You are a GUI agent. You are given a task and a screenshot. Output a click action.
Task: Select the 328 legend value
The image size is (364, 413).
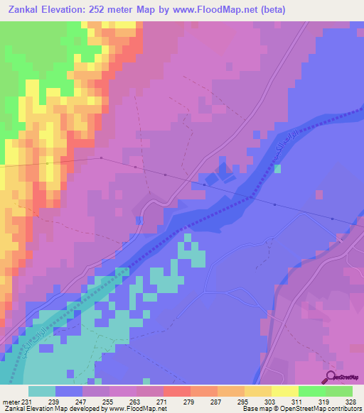(x=350, y=401)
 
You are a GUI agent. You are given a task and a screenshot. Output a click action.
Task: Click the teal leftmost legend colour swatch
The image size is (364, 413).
(x=42, y=391)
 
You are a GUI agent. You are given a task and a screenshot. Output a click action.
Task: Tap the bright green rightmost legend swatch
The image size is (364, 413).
(x=339, y=391)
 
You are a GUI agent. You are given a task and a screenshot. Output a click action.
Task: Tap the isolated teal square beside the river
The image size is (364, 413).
(x=277, y=168)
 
